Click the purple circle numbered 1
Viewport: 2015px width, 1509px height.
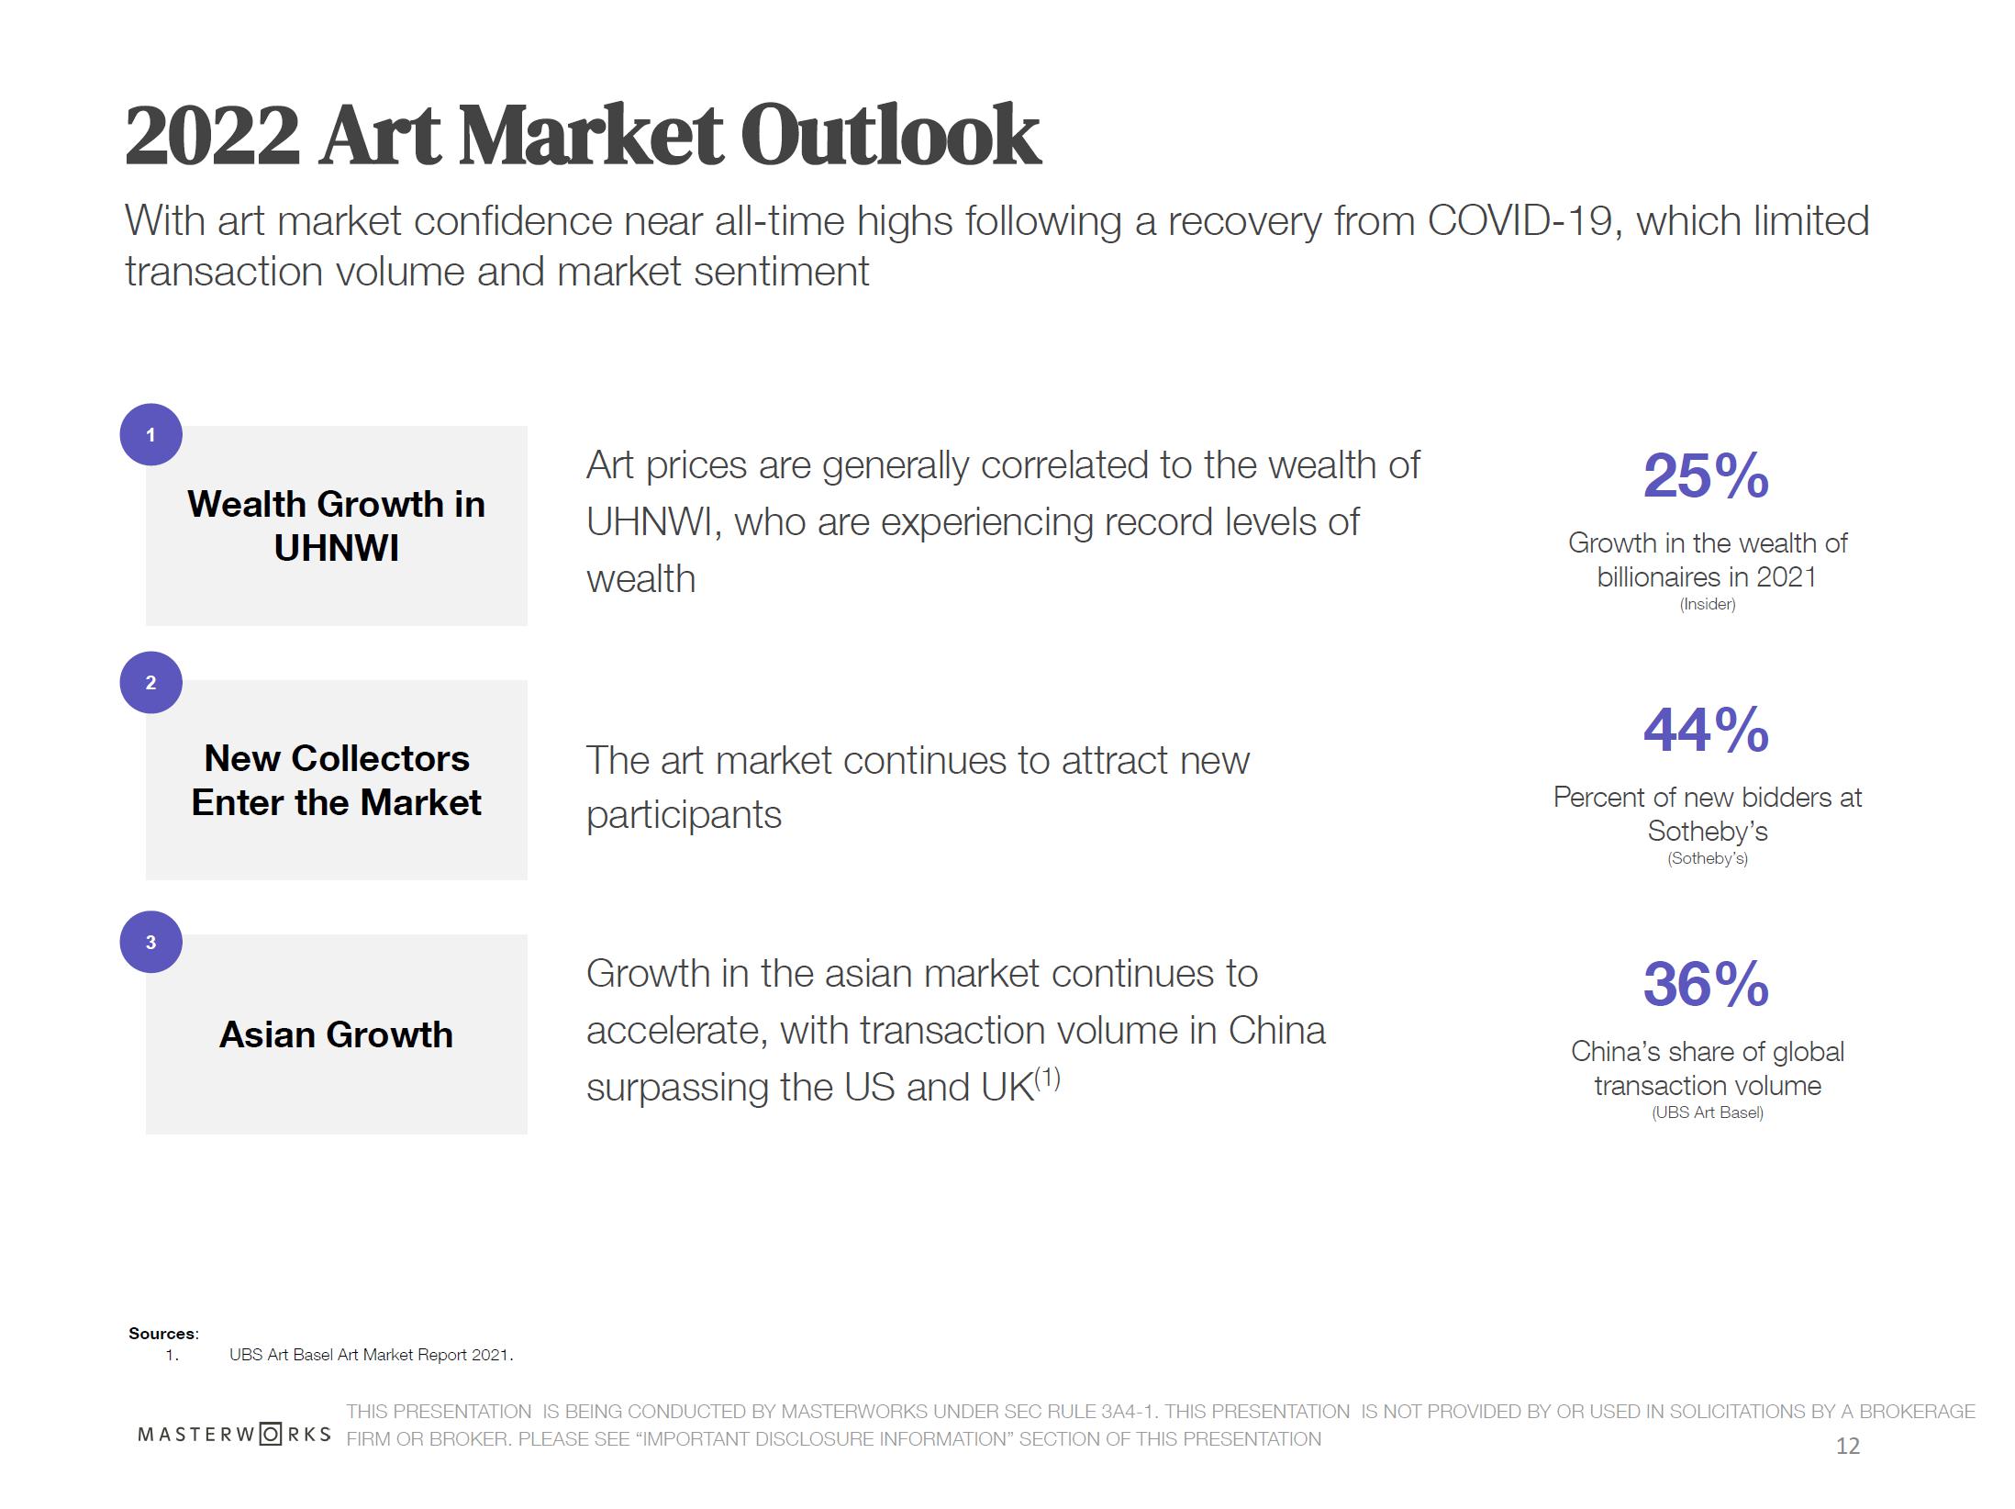coord(150,434)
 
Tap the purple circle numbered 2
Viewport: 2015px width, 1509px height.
coord(150,682)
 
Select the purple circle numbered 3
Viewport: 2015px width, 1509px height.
coord(150,942)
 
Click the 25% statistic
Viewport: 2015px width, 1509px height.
coord(1706,476)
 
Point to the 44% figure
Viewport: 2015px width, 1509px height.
coord(1706,731)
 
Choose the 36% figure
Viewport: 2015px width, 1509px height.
coord(1706,985)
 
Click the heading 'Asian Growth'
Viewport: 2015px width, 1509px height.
coord(336,1034)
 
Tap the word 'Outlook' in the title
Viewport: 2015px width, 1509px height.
coord(889,136)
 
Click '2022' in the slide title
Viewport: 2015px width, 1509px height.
coord(212,136)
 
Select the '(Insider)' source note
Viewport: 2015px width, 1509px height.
coord(1707,604)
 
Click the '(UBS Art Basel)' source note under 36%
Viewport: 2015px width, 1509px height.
coord(1707,1112)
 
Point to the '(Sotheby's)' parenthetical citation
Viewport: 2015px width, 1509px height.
coord(1707,858)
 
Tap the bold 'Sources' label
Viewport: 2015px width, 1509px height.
coord(162,1334)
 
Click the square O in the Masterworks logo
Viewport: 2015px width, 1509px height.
coord(271,1434)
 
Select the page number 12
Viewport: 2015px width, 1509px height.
coord(1847,1447)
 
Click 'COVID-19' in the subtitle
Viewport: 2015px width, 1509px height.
coord(1519,221)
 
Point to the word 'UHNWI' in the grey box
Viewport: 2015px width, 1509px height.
coord(336,548)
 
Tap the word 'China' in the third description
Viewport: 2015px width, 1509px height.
coord(1276,1031)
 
